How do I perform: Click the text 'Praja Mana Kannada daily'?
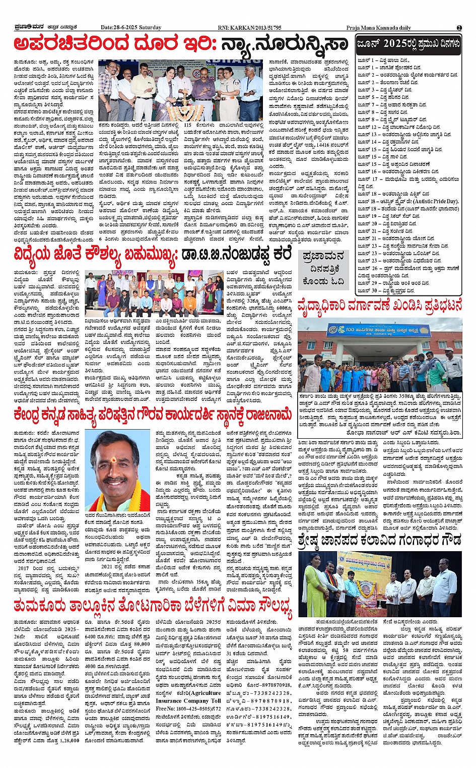tap(378, 28)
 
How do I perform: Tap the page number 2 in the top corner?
tap(459, 28)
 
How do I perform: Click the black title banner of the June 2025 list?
tap(409, 44)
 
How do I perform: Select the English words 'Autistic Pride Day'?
tap(434, 201)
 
